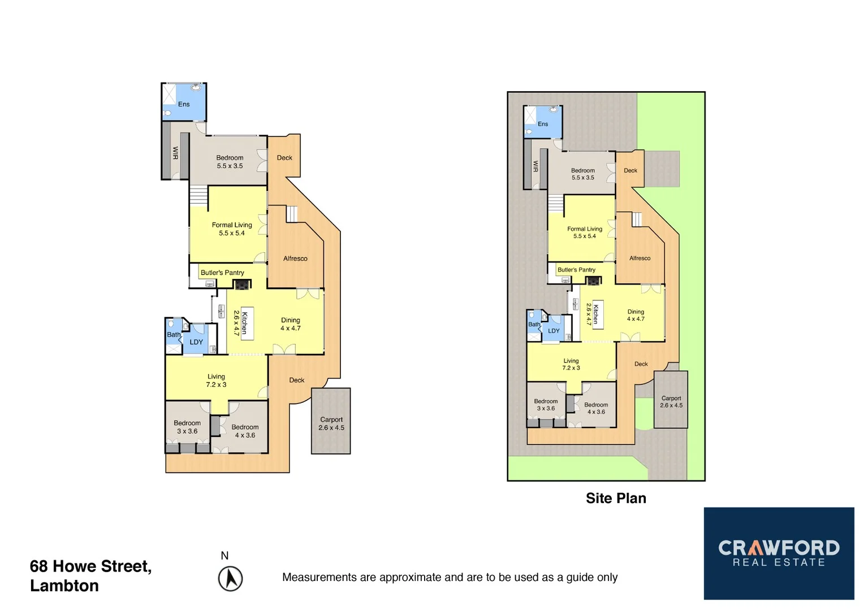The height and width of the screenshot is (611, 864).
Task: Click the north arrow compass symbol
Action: coord(230,579)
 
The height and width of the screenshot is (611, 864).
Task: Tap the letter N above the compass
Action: coord(224,556)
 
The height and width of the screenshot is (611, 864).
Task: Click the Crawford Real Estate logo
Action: coord(779,553)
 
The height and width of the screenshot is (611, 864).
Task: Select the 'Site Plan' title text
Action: coord(616,498)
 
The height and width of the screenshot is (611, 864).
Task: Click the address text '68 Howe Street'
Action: coord(90,566)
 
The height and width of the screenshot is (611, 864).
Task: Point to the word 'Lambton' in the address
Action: coord(64,586)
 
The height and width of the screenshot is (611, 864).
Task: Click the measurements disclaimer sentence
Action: coord(450,577)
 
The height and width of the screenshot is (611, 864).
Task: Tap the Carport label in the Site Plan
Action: coord(671,402)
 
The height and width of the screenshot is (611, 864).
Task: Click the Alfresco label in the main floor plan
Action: coord(295,259)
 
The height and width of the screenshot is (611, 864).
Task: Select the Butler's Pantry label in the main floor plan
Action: coord(222,273)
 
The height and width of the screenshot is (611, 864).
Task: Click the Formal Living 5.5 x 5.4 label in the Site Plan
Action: coord(585,233)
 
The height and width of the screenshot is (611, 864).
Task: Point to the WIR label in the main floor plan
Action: coord(175,153)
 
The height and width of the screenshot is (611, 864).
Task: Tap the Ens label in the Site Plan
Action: coord(543,124)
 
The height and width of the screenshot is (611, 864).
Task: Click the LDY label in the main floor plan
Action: coord(196,342)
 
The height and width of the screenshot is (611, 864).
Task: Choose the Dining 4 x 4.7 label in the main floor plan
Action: coord(291,324)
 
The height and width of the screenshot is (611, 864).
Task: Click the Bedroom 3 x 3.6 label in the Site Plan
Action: coord(546,405)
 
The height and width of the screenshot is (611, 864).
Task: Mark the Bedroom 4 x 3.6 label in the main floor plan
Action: coord(245,431)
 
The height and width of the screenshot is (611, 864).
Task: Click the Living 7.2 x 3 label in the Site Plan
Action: coord(571,364)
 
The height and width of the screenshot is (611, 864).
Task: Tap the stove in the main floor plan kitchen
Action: coord(243,285)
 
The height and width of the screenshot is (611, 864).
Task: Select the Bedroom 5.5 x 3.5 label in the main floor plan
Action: coord(230,162)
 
